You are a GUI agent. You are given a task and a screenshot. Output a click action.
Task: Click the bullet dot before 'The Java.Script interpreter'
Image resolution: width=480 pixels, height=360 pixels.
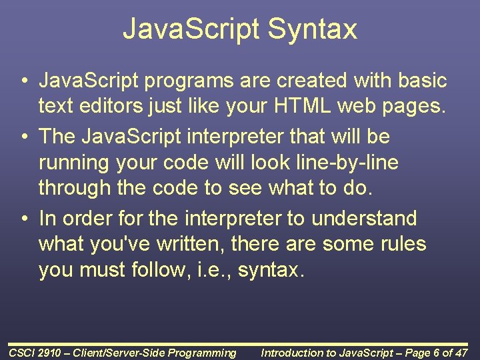click(23, 137)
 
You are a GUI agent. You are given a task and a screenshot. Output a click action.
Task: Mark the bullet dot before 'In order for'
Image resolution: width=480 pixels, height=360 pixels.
click(23, 218)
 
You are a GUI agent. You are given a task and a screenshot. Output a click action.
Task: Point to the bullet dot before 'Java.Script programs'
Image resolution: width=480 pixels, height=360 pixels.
click(23, 81)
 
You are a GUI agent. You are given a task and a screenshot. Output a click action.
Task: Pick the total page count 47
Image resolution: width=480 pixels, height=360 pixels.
click(461, 353)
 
